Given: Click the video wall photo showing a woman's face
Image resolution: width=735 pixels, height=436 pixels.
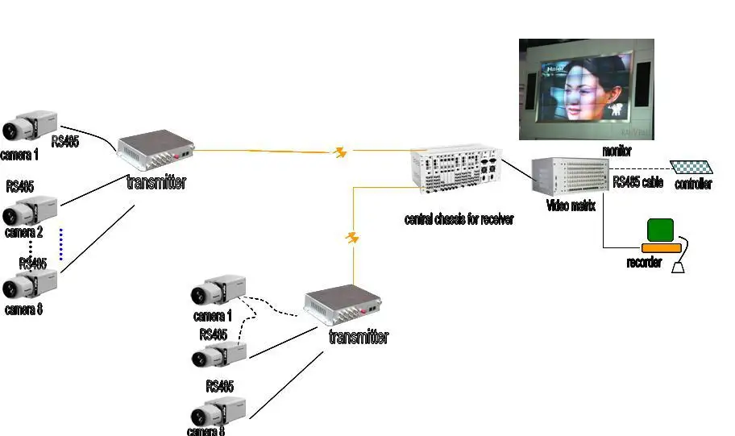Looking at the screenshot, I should point(586,89).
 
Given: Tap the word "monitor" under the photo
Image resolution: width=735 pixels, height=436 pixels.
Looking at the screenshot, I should point(617,152).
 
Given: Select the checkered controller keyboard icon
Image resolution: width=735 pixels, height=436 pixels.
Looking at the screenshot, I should point(692,167).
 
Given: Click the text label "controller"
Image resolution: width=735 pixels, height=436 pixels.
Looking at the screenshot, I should point(693,185).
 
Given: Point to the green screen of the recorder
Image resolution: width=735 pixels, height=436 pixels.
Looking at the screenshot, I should point(661,230).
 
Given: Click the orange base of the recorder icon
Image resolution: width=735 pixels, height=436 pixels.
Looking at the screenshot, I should point(661,246).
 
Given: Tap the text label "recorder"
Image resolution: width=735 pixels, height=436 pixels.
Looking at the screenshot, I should point(644,263).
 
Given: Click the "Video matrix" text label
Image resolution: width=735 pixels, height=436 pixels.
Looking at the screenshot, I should point(571,206).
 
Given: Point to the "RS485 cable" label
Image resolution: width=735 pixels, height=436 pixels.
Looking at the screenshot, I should point(637,183).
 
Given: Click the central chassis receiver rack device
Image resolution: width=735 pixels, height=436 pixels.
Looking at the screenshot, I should point(456,170).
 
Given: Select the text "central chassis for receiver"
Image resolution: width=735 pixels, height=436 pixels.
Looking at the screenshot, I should point(459,219).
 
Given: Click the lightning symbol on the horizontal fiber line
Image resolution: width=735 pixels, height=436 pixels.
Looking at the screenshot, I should point(341,152).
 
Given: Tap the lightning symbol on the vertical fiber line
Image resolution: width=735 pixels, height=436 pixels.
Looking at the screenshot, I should point(352,238).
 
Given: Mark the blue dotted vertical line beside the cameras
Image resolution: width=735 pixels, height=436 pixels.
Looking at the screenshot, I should point(60,244).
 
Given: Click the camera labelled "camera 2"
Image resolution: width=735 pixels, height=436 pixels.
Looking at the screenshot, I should point(30,212).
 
